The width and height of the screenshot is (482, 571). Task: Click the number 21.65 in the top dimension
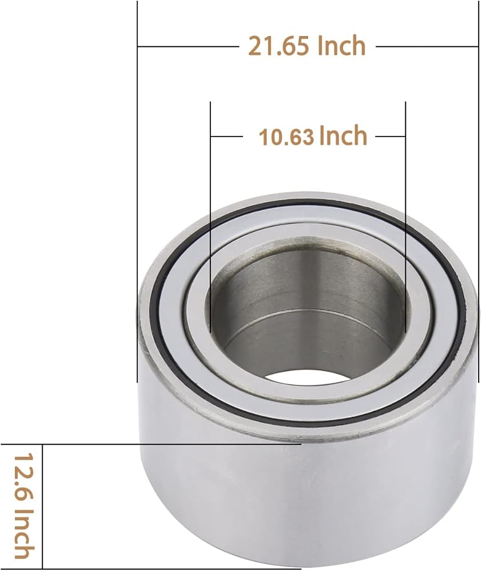279,46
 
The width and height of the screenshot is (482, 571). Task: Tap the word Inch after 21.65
341,46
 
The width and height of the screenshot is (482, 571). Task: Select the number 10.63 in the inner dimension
286,137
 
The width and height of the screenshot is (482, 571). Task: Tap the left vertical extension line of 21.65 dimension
137,191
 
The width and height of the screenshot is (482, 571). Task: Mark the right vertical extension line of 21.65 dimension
478,191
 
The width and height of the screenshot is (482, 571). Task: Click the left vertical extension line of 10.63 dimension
211,217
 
